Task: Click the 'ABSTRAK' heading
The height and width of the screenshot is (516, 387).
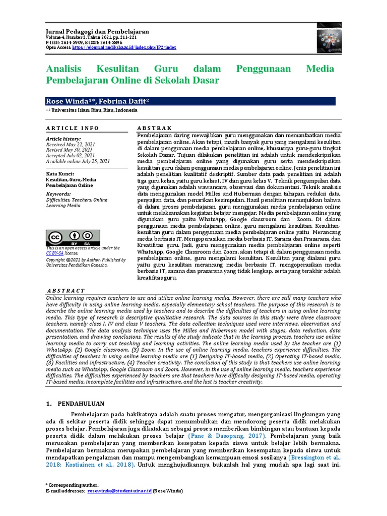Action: click(155, 128)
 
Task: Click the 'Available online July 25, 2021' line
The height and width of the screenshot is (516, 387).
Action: click(78, 161)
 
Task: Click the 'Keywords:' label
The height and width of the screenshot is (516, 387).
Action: click(58, 193)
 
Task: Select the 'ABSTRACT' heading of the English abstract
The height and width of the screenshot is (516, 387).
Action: click(66, 291)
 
